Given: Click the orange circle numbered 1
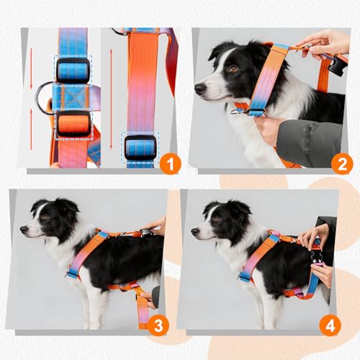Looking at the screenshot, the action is coord(170,164).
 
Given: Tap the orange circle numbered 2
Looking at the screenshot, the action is coord(342,164).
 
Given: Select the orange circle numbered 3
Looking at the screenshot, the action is coord(158,325).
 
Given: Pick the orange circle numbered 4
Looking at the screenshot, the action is coord(330,325).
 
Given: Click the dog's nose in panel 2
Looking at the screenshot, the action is coord(200,89).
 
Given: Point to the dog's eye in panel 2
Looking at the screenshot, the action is coord(233,69).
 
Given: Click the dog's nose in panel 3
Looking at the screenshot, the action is coord(24,230).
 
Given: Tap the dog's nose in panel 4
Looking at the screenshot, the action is coord(195,232).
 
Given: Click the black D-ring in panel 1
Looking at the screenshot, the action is coord(42,97).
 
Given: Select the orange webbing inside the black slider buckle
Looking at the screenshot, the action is coord(73,124).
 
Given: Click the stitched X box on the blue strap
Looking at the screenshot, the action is coord(71,97).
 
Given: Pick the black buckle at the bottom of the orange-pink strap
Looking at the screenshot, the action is coord(140,148).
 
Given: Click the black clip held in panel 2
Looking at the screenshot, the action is coord(338,66).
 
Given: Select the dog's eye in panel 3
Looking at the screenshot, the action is coord(45,217).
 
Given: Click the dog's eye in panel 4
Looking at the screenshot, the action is coord(217,219).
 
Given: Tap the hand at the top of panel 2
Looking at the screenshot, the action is coord(323,45).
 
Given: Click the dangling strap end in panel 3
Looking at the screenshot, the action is coord(143,312).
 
